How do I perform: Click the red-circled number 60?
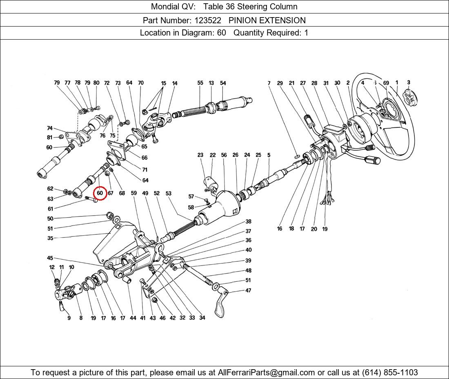100,193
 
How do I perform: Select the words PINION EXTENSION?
267,20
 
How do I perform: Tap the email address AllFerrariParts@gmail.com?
267,372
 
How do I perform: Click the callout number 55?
200,83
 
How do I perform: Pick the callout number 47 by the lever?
248,291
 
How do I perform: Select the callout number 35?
50,238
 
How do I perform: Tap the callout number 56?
224,155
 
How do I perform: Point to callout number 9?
69,318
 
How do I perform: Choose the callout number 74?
50,128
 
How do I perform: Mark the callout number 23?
200,155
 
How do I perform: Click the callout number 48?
248,270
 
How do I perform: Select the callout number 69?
386,83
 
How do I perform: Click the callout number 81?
50,137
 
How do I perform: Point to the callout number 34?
202,318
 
